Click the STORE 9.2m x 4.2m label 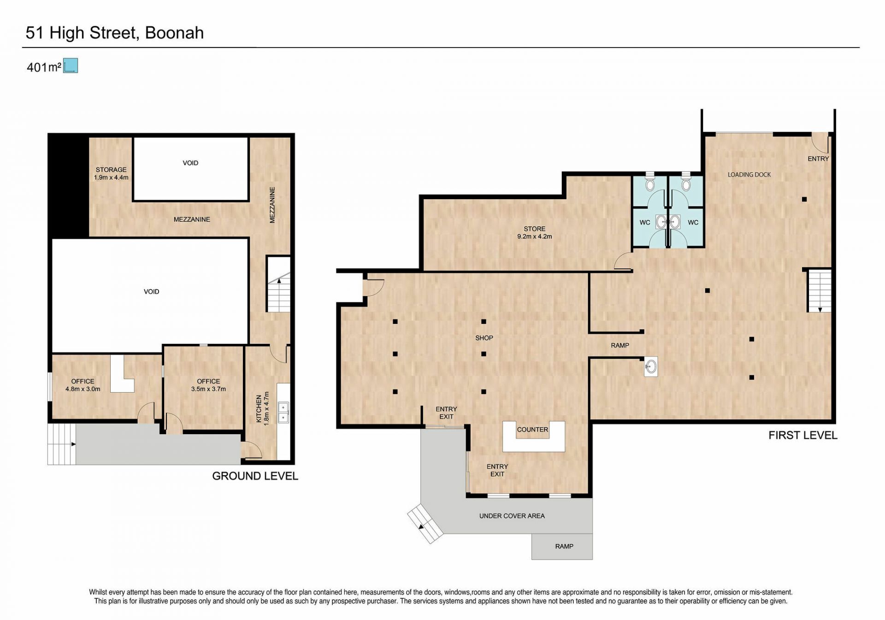tap(534, 232)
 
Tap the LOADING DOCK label tap(749, 175)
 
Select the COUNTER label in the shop tap(532, 430)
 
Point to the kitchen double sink tap(283, 413)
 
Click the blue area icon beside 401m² tap(71, 66)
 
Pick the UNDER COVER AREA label tap(512, 516)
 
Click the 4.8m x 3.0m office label tap(83, 385)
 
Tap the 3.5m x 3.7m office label tap(208, 385)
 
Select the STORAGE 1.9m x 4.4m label tap(111, 173)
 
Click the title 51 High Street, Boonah tap(115, 33)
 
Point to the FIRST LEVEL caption tap(802, 435)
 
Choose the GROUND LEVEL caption tap(255, 476)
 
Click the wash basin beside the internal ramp tap(651, 367)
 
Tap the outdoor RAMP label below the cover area tap(564, 546)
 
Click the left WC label tap(645, 223)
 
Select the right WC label tap(693, 223)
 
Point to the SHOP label tap(484, 338)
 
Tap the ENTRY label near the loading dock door tap(818, 159)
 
